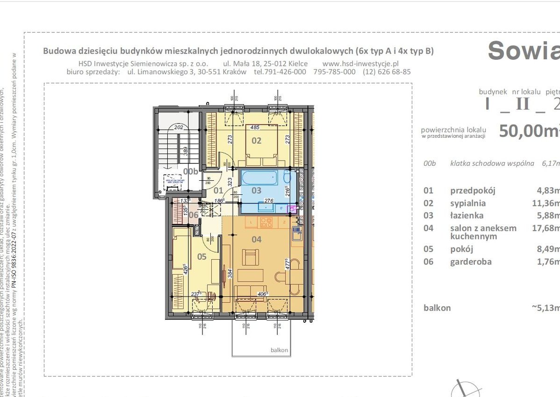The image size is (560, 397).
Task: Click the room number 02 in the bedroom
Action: coord(257,140)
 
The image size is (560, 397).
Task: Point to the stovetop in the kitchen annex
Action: coord(266,222)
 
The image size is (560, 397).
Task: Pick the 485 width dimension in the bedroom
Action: coord(255,127)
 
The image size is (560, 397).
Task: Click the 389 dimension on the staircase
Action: coord(185,150)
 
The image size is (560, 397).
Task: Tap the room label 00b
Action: coord(191,171)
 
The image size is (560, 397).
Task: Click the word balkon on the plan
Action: coord(279,350)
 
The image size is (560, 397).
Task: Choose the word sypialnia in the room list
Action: coord(468,203)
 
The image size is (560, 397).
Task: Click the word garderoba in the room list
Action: coord(471,262)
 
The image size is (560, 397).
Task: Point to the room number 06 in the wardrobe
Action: coord(180,215)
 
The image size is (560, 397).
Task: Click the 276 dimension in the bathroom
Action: coord(268,200)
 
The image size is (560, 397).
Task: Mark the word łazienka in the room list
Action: coord(467,215)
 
